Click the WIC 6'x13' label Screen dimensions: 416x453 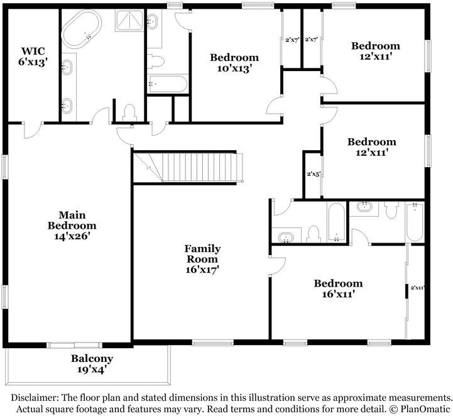[x=33, y=56]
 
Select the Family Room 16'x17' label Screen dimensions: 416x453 [x=202, y=258]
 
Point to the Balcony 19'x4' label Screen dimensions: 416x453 [x=92, y=364]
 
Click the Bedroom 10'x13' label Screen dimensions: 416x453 [x=234, y=63]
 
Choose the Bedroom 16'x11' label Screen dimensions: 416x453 [x=338, y=289]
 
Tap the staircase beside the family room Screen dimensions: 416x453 [x=188, y=167]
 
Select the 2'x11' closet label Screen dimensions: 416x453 [x=418, y=287]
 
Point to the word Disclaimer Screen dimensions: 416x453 [x=33, y=398]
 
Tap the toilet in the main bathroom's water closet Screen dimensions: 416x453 [x=131, y=113]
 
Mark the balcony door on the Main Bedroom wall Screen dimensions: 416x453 [x=75, y=344]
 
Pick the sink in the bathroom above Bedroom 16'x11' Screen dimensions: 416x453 [x=287, y=238]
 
